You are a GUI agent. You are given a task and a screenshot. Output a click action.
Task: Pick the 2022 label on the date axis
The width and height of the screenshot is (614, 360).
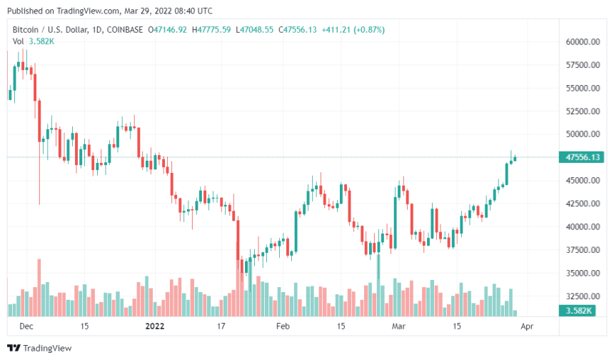click(156, 326)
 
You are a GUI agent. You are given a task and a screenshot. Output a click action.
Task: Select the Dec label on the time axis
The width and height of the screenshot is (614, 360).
click(26, 326)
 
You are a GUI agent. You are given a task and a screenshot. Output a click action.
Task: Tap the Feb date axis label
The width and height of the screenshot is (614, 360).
click(283, 326)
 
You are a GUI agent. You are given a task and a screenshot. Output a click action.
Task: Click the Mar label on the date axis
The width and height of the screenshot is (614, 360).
click(398, 326)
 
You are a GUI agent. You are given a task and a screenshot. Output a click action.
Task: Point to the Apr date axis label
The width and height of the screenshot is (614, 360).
click(526, 326)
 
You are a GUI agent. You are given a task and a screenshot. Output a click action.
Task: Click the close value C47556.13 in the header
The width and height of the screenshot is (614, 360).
click(298, 29)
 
